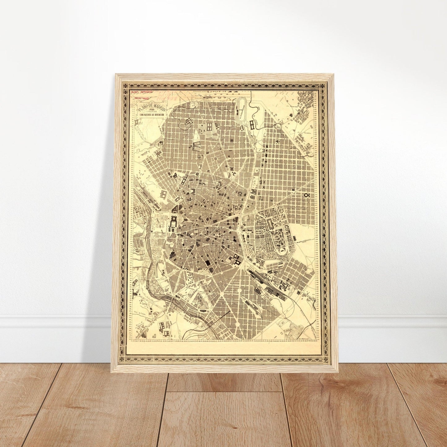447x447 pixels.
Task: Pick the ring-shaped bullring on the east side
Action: coord(307,195)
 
